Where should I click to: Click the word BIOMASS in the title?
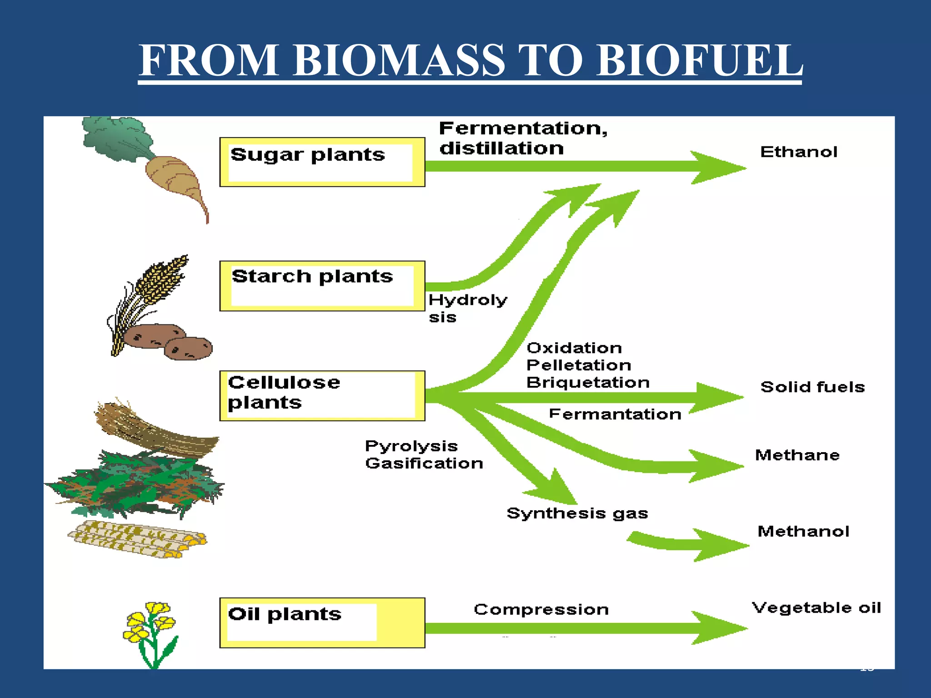[398, 60]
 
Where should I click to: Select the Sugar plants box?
[322, 162]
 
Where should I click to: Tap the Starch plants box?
[322, 286]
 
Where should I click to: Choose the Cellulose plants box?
[322, 396]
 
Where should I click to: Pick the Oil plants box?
[322, 623]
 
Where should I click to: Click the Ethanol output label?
[798, 152]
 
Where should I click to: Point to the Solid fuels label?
[812, 387]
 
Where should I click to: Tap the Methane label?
[797, 455]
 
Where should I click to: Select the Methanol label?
[803, 531]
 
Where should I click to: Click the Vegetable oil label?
[816, 608]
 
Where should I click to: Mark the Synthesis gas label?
[577, 514]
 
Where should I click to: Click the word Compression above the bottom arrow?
[541, 609]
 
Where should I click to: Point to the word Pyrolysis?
[411, 446]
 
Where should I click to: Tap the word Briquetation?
[588, 383]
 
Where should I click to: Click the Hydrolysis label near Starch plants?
[467, 308]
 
